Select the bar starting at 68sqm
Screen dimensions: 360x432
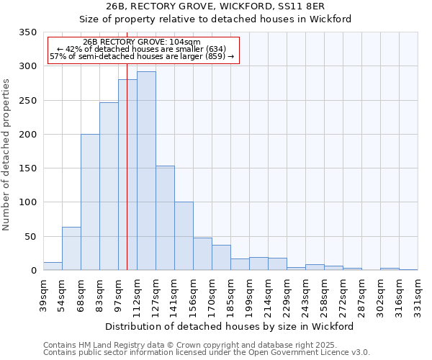90,202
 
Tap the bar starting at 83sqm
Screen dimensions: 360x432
109,186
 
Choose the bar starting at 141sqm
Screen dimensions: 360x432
184,236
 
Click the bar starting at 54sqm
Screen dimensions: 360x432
71,248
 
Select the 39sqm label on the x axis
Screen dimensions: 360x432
43,291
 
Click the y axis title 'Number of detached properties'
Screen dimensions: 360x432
6,155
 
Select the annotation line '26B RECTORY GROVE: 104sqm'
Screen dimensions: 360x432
142,42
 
